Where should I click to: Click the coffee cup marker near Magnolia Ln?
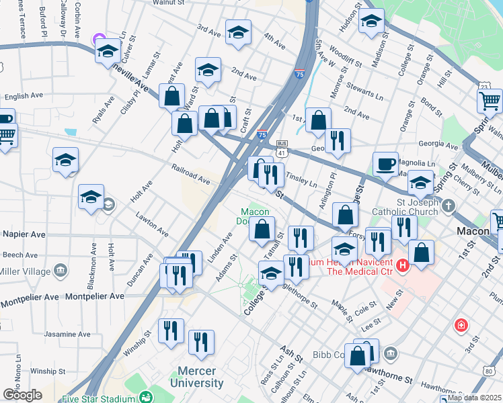pyautogui.click(x=386, y=163)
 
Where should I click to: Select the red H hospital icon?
pyautogui.click(x=403, y=266)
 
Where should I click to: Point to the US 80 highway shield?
pyautogui.click(x=488, y=371)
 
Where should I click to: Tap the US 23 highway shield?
pyautogui.click(x=484, y=86)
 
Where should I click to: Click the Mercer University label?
pyautogui.click(x=200, y=377)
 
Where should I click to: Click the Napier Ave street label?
pyautogui.click(x=24, y=234)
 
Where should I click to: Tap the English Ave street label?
pyautogui.click(x=26, y=96)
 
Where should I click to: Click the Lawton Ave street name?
pyautogui.click(x=152, y=225)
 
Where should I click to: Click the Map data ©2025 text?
pyautogui.click(x=475, y=398)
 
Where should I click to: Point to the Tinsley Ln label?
pyautogui.click(x=301, y=179)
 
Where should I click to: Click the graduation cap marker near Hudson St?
pyautogui.click(x=371, y=19)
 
